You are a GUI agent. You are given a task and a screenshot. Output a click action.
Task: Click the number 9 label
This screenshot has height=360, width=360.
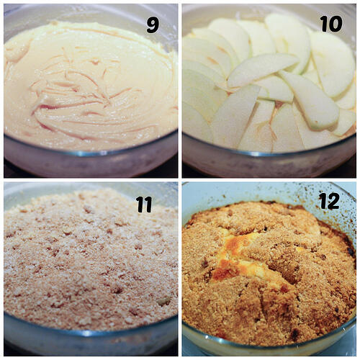click(153, 24)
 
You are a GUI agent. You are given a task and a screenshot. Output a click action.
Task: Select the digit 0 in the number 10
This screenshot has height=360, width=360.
click(336, 23)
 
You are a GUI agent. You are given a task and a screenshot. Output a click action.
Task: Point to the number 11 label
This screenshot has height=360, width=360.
click(144, 204)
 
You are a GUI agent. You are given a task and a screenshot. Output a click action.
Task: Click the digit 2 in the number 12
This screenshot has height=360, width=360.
click(334, 202)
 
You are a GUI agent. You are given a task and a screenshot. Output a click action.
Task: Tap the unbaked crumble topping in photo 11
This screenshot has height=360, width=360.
click(86, 266)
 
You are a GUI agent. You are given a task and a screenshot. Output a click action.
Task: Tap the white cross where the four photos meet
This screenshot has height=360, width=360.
click(179, 179)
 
